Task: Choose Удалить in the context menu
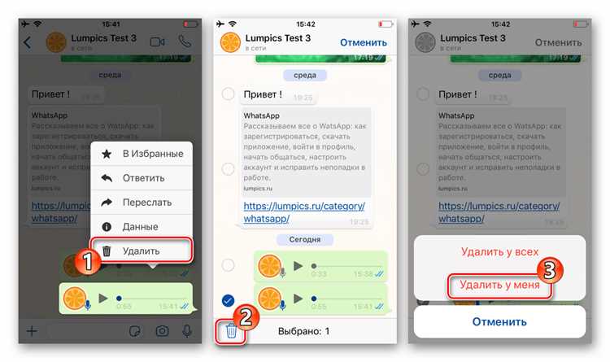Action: tap(141, 251)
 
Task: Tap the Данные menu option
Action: tap(141, 226)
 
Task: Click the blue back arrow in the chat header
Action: tap(27, 42)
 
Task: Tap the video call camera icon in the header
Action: tap(158, 42)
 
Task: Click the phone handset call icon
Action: tap(185, 42)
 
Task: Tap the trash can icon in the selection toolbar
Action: tap(232, 330)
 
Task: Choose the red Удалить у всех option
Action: tap(499, 252)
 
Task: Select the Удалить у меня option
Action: tap(499, 285)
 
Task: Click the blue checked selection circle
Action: tap(229, 300)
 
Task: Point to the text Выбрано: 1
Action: tap(303, 331)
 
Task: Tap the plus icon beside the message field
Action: tap(32, 331)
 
